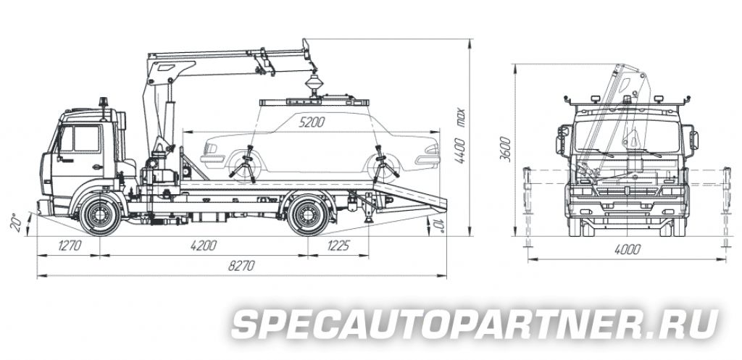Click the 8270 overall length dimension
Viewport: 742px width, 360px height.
[x=241, y=266]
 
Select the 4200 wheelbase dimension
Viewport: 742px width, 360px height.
[x=204, y=246]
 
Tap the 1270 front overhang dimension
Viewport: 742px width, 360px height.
[x=70, y=246]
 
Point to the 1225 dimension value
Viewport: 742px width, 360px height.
[x=338, y=246]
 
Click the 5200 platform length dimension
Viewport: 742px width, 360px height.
[x=312, y=122]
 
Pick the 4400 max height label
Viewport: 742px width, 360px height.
[x=459, y=136]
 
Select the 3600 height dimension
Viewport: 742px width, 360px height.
[x=505, y=148]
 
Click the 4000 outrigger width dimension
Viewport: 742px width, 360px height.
[x=628, y=249]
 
